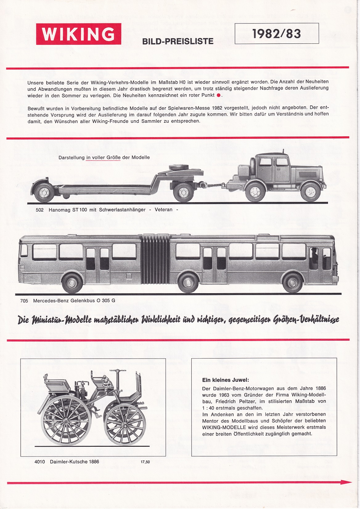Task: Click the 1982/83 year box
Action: point(276,34)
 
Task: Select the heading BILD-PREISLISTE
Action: point(178,41)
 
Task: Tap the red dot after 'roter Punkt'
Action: point(218,95)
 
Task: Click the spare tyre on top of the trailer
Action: point(177,166)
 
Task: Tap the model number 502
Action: point(39,210)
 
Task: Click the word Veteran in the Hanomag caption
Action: point(164,210)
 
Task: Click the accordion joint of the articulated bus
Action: point(156,259)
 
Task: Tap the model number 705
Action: point(24,301)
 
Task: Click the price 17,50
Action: point(145,462)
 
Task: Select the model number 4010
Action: point(40,462)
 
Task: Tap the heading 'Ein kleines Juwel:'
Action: point(225,380)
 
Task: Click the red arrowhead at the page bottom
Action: point(348,482)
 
